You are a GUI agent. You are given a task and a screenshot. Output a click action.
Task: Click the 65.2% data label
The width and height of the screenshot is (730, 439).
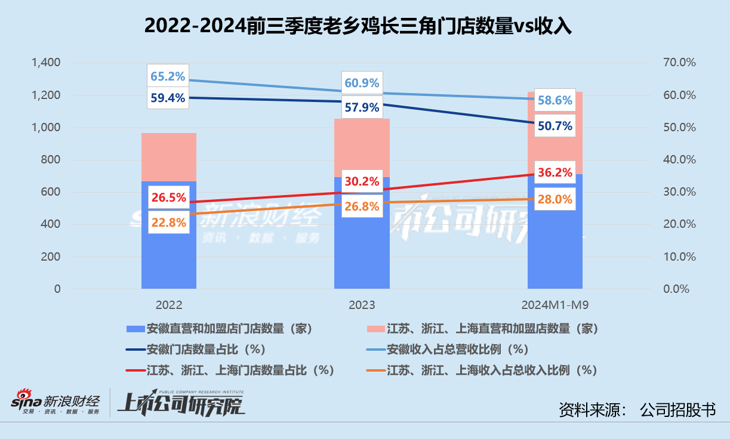coord(168,76)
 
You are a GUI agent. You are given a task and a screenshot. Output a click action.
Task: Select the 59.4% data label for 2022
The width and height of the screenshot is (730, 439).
coord(168,97)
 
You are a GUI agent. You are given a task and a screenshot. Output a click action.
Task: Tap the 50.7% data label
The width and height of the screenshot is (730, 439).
coord(555,126)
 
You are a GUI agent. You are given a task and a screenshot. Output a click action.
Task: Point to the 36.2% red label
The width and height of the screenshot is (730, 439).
coord(555,174)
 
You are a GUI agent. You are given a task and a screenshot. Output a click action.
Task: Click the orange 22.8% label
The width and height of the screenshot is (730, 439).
coord(168,223)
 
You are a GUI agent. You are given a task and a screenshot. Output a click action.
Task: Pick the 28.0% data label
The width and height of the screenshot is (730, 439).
coord(555,199)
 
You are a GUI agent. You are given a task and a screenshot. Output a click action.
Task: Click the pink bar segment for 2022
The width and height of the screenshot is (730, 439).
coord(169,157)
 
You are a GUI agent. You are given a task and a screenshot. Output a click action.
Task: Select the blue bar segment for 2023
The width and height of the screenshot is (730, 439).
coord(362,233)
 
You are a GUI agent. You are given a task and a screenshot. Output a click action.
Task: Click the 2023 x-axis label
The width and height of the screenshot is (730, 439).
coord(362,305)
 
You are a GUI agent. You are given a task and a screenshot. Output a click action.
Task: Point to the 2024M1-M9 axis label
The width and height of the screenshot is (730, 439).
coord(555,305)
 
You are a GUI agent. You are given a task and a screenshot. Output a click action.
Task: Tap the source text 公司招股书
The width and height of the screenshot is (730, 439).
coord(677,410)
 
